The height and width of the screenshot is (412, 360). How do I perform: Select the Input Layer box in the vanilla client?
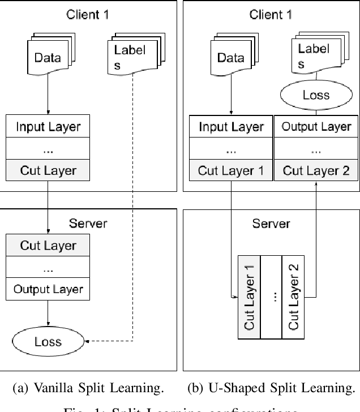click(x=48, y=126)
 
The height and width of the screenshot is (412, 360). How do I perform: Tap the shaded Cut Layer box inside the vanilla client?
click(x=48, y=170)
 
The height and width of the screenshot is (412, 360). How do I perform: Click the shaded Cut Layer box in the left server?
click(x=48, y=246)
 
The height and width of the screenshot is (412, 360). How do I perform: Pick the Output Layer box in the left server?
click(x=48, y=289)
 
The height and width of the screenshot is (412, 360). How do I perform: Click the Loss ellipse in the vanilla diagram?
click(x=48, y=341)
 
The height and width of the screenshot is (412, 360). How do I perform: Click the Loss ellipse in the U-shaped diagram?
click(x=315, y=95)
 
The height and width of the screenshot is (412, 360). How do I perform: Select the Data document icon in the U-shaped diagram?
click(x=230, y=55)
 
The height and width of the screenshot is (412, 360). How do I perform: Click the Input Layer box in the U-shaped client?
click(x=231, y=126)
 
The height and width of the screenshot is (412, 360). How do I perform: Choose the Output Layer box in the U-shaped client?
click(x=316, y=126)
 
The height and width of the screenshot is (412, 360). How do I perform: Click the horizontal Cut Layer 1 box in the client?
click(x=231, y=170)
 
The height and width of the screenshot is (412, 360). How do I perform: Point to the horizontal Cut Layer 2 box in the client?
click(x=316, y=170)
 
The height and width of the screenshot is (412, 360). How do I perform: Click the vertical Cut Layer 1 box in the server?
click(x=249, y=296)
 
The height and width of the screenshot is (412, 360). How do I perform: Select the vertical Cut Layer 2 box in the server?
click(x=293, y=296)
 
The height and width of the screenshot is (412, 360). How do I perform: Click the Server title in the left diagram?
click(x=88, y=223)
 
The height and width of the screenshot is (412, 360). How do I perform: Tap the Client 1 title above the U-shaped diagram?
click(x=271, y=15)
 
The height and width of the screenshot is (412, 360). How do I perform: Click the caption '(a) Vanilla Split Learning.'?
click(x=88, y=388)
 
